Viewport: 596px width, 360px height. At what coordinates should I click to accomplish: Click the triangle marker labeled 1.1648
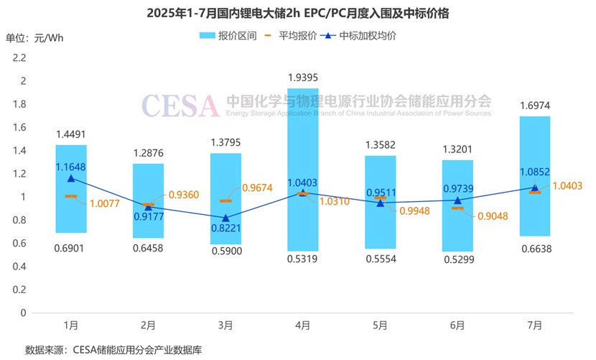click(71, 177)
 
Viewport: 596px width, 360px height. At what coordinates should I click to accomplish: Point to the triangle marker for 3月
click(225, 217)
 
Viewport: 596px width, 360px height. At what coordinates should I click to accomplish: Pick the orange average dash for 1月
click(71, 195)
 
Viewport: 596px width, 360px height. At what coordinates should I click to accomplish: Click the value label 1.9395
click(303, 77)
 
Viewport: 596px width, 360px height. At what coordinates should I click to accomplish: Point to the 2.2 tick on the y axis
click(19, 57)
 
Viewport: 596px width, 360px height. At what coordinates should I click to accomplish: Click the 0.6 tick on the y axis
click(19, 243)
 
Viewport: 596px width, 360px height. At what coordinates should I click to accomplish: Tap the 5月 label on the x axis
click(380, 326)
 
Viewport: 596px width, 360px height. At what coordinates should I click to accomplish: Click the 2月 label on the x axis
click(148, 326)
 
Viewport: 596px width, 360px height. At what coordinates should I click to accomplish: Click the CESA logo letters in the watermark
click(180, 106)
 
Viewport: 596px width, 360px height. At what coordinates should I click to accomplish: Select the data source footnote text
click(113, 350)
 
